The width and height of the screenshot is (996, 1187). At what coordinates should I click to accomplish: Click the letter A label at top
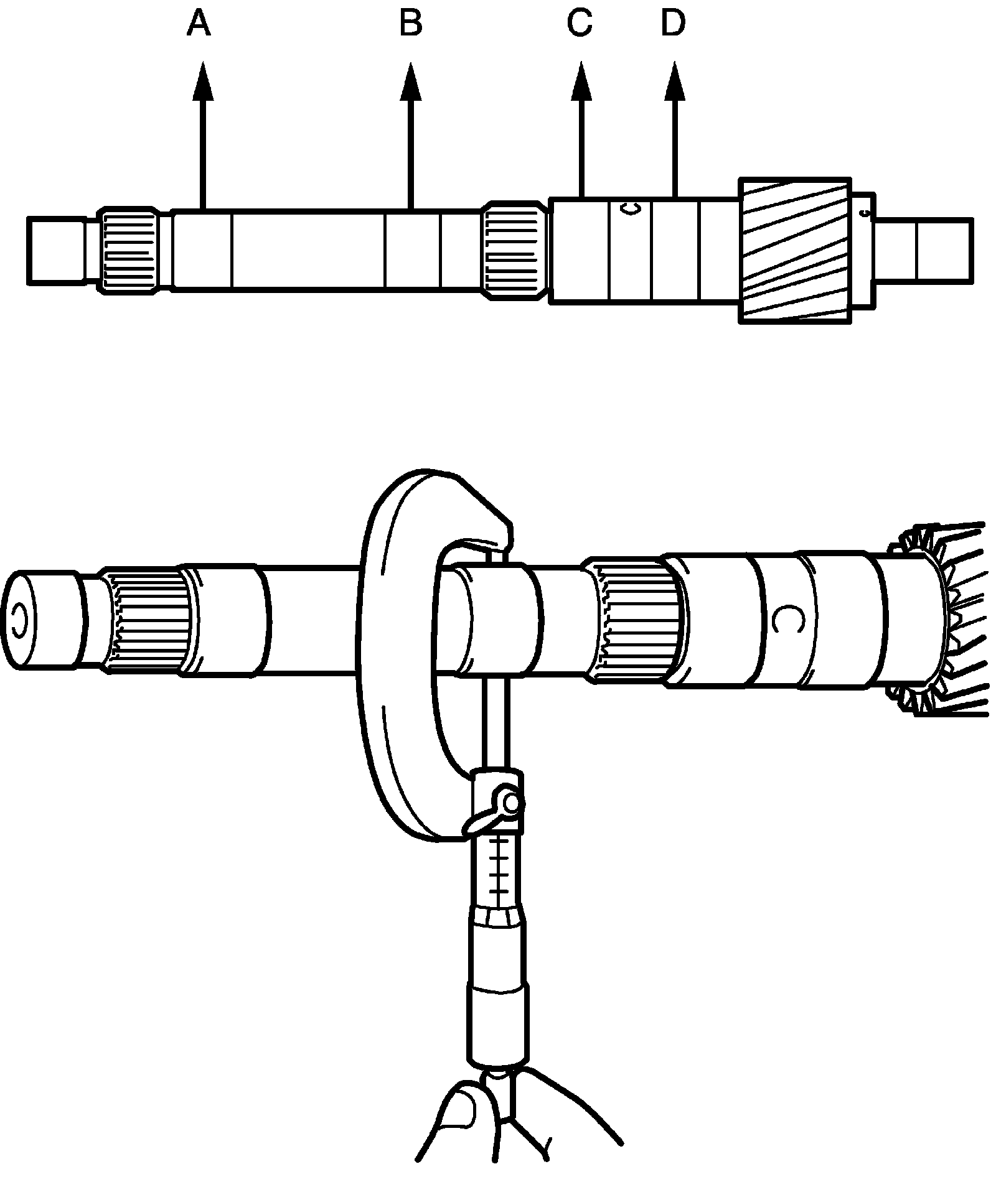pos(199,25)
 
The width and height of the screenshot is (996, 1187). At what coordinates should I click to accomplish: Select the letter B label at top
pos(411,25)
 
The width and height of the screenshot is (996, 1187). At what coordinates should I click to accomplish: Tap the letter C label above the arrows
pos(580,25)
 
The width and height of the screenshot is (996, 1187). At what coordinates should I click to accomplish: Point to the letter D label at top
pos(673,25)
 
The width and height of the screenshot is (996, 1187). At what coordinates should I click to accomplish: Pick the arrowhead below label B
pos(410,82)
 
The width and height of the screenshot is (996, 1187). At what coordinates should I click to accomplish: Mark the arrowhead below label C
pos(581,82)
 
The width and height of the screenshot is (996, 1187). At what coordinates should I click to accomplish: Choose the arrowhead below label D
pos(674,82)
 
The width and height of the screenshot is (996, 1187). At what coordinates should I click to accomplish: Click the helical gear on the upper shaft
pos(795,250)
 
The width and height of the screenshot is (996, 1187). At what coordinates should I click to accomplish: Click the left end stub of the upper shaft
pos(56,250)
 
